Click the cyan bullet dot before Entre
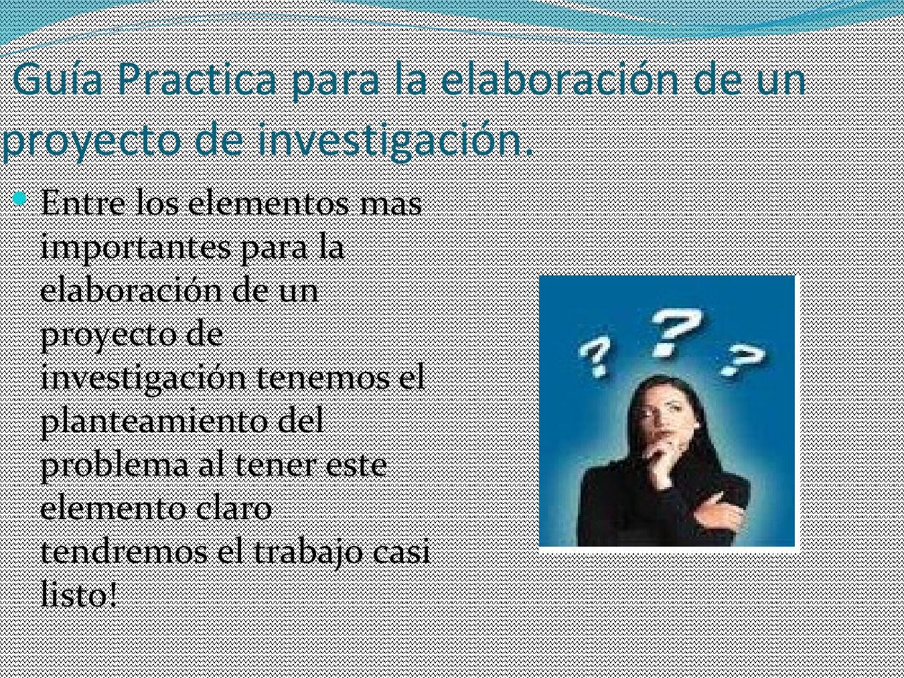pos(19,199)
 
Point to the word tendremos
pos(124,553)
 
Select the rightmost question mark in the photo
pos(743,359)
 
